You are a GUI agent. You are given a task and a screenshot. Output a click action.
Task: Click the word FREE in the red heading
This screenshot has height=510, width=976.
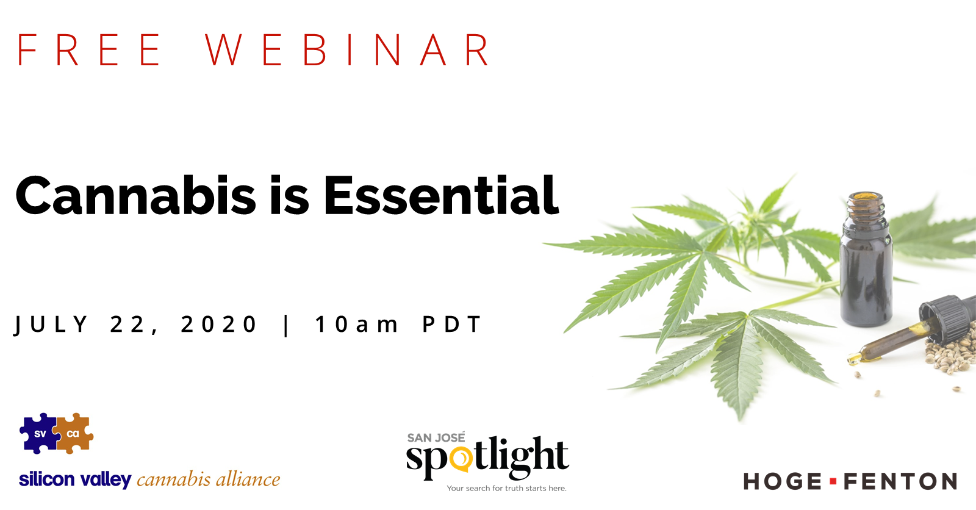[x=89, y=50]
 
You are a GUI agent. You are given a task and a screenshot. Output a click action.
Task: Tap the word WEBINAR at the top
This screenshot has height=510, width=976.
[x=347, y=50]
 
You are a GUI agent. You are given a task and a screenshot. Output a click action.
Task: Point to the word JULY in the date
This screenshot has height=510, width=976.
[x=51, y=325]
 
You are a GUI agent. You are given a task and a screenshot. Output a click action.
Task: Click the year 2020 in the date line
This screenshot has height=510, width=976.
[x=219, y=325]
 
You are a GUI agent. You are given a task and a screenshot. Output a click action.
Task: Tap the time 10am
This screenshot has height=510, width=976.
[x=356, y=325]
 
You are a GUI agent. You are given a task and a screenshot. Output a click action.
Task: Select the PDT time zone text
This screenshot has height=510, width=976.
[x=451, y=325]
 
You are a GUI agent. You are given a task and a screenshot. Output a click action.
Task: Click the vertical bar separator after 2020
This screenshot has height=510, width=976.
[x=286, y=325]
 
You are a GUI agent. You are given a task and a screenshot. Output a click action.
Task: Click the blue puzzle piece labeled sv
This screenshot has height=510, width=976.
[x=38, y=434]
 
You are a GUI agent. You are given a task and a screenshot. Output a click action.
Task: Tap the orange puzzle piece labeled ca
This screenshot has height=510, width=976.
[x=74, y=434]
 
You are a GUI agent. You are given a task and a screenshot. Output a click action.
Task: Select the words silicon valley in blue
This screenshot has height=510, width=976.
[x=75, y=479]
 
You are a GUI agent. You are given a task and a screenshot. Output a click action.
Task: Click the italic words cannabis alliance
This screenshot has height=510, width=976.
[x=208, y=479]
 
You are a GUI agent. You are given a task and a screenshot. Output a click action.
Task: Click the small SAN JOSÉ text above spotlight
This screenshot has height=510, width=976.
[x=436, y=437]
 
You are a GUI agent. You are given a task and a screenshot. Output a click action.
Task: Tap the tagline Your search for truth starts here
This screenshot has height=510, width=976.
[x=506, y=488]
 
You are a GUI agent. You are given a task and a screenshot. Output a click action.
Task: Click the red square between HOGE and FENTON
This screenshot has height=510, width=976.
[x=833, y=482]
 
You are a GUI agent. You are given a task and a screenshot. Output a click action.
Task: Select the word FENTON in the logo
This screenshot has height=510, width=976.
[x=900, y=482]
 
